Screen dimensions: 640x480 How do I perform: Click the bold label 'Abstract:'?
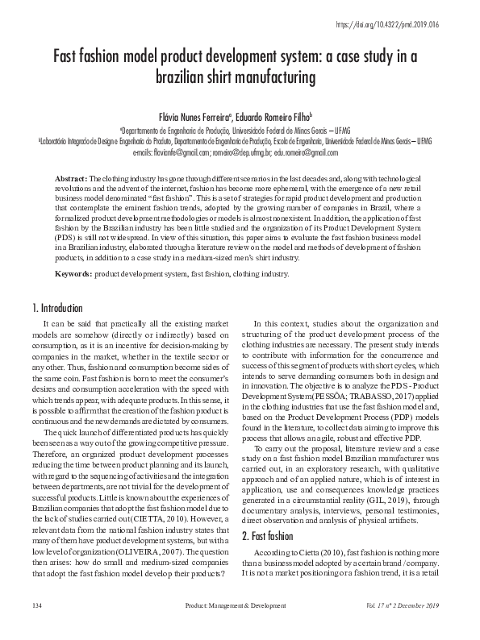(x=71, y=177)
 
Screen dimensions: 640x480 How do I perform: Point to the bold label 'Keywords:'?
(x=74, y=274)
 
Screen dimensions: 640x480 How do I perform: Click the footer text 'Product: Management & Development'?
(x=236, y=626)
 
